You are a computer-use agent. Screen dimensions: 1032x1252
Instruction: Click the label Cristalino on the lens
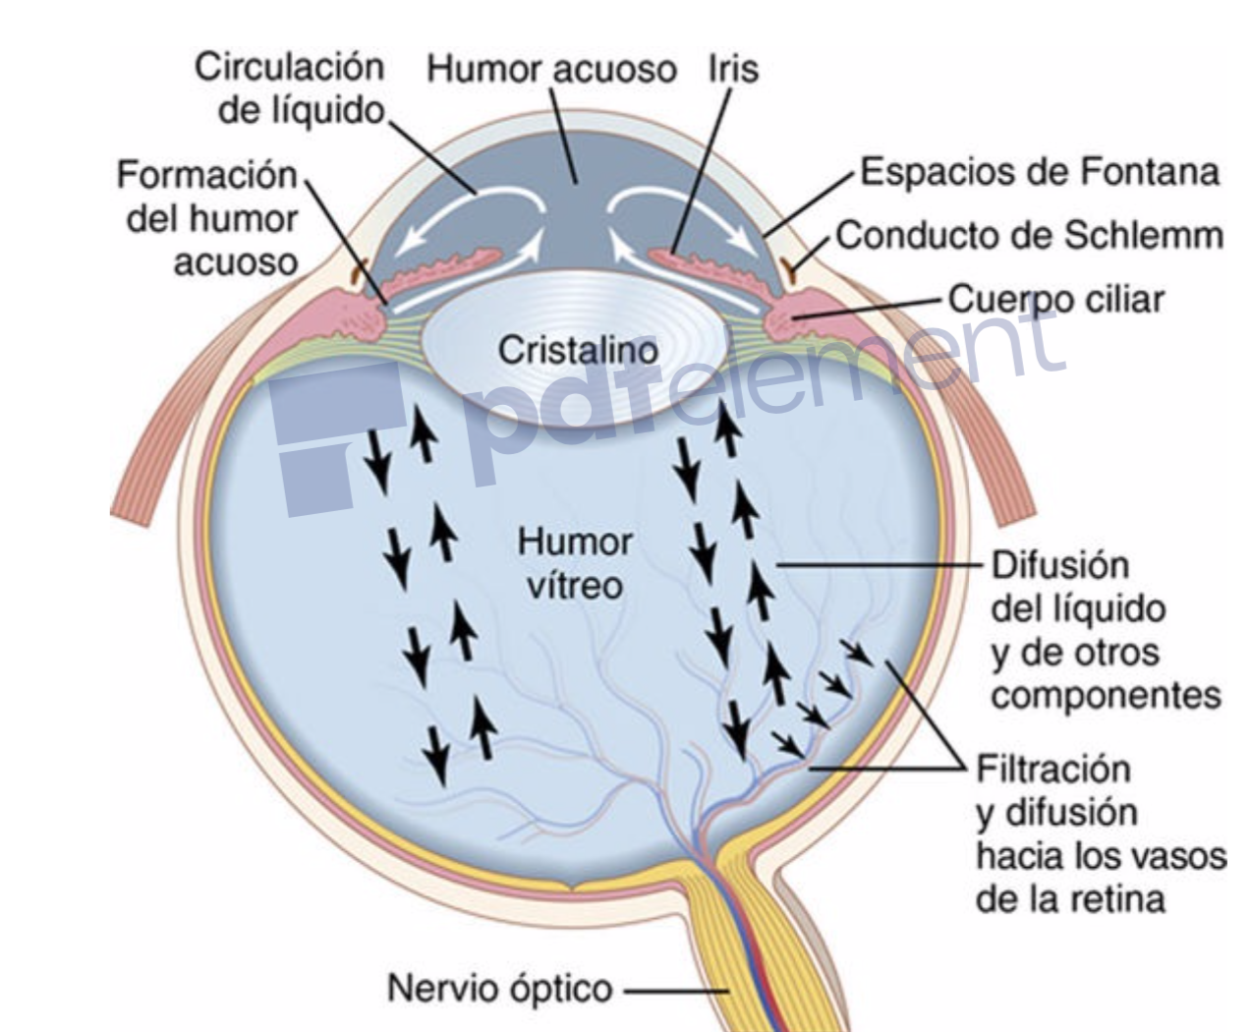pos(577,349)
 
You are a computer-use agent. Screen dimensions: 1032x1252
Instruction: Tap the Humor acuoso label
pos(553,70)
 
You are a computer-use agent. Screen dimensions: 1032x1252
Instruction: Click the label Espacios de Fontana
pos(1040,172)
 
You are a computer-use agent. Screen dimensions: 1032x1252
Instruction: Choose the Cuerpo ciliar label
pos(1054,298)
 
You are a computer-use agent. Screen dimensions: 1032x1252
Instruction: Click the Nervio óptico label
pos(499,988)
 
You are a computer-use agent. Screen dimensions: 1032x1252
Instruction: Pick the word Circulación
pos(290,68)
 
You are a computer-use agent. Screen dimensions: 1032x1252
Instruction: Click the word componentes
pos(1107,695)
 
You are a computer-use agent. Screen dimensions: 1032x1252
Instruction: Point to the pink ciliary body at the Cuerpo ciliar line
pos(801,319)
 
